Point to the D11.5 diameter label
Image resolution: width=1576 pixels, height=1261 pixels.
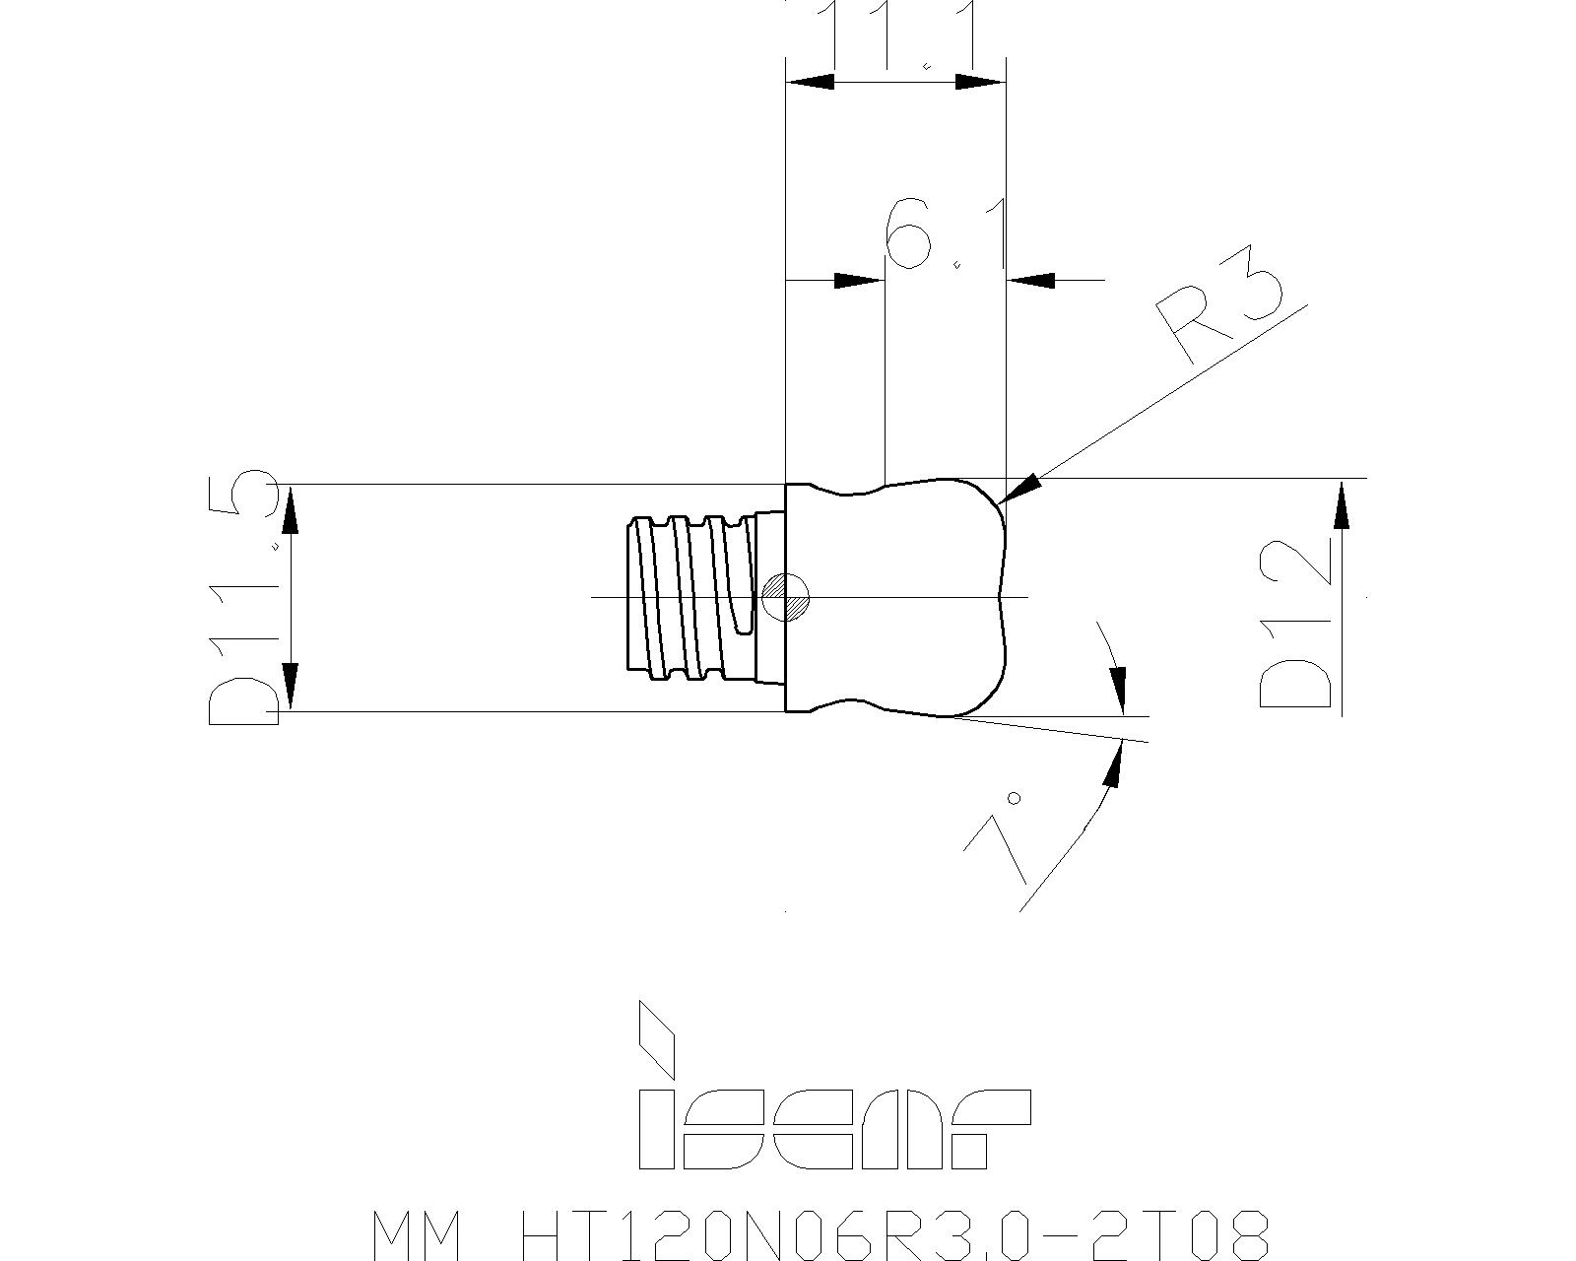(244, 597)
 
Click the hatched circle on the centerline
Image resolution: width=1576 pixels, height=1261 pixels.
(785, 597)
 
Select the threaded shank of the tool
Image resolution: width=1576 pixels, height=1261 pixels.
(694, 597)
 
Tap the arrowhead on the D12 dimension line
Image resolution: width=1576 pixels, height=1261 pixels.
(1342, 506)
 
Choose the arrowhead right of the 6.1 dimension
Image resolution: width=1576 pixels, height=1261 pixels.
(1031, 281)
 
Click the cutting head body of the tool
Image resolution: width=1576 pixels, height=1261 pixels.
(896, 597)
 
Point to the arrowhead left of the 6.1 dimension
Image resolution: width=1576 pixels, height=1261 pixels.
(858, 281)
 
